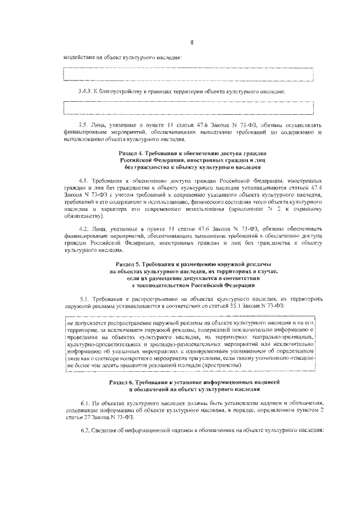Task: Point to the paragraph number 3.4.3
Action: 85,91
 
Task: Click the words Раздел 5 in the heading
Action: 130,263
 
